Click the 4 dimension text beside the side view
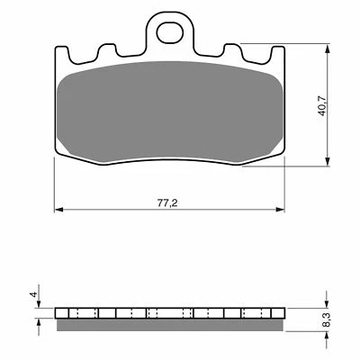point(32,295)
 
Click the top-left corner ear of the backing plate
point(61,55)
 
